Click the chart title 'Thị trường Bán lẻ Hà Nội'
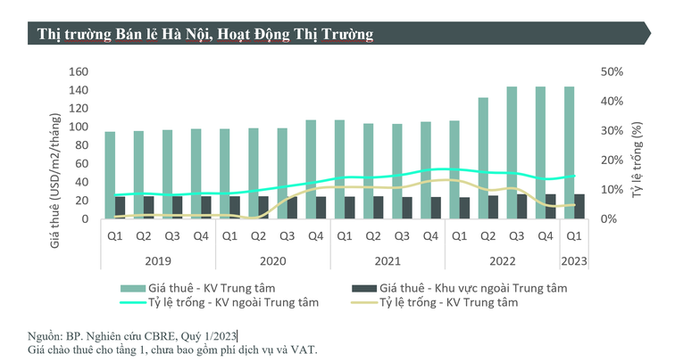click(x=205, y=33)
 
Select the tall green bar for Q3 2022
click(x=512, y=152)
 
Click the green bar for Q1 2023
click(x=570, y=152)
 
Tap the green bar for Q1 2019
click(x=110, y=175)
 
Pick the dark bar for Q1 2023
click(x=579, y=206)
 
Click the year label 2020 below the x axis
click(x=272, y=262)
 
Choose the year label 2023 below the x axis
click(x=573, y=262)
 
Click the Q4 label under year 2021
click(x=430, y=237)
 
